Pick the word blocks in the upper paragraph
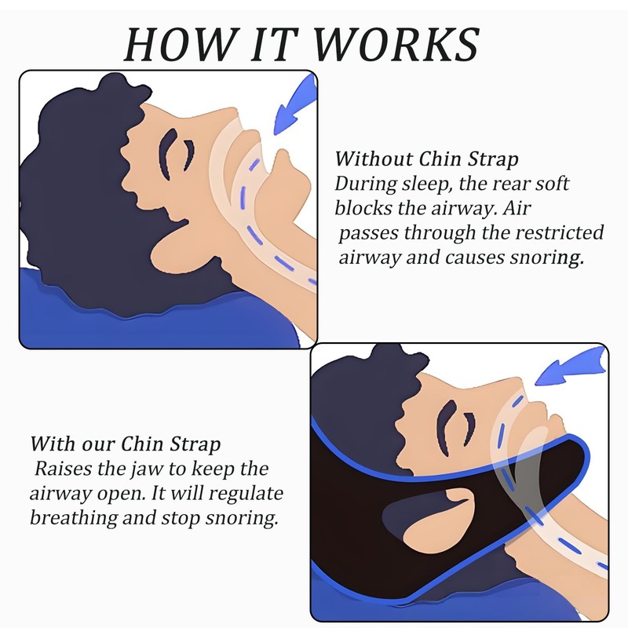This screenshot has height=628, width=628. click(362, 209)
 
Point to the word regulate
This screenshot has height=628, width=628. click(250, 495)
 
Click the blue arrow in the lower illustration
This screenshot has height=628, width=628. click(571, 369)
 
